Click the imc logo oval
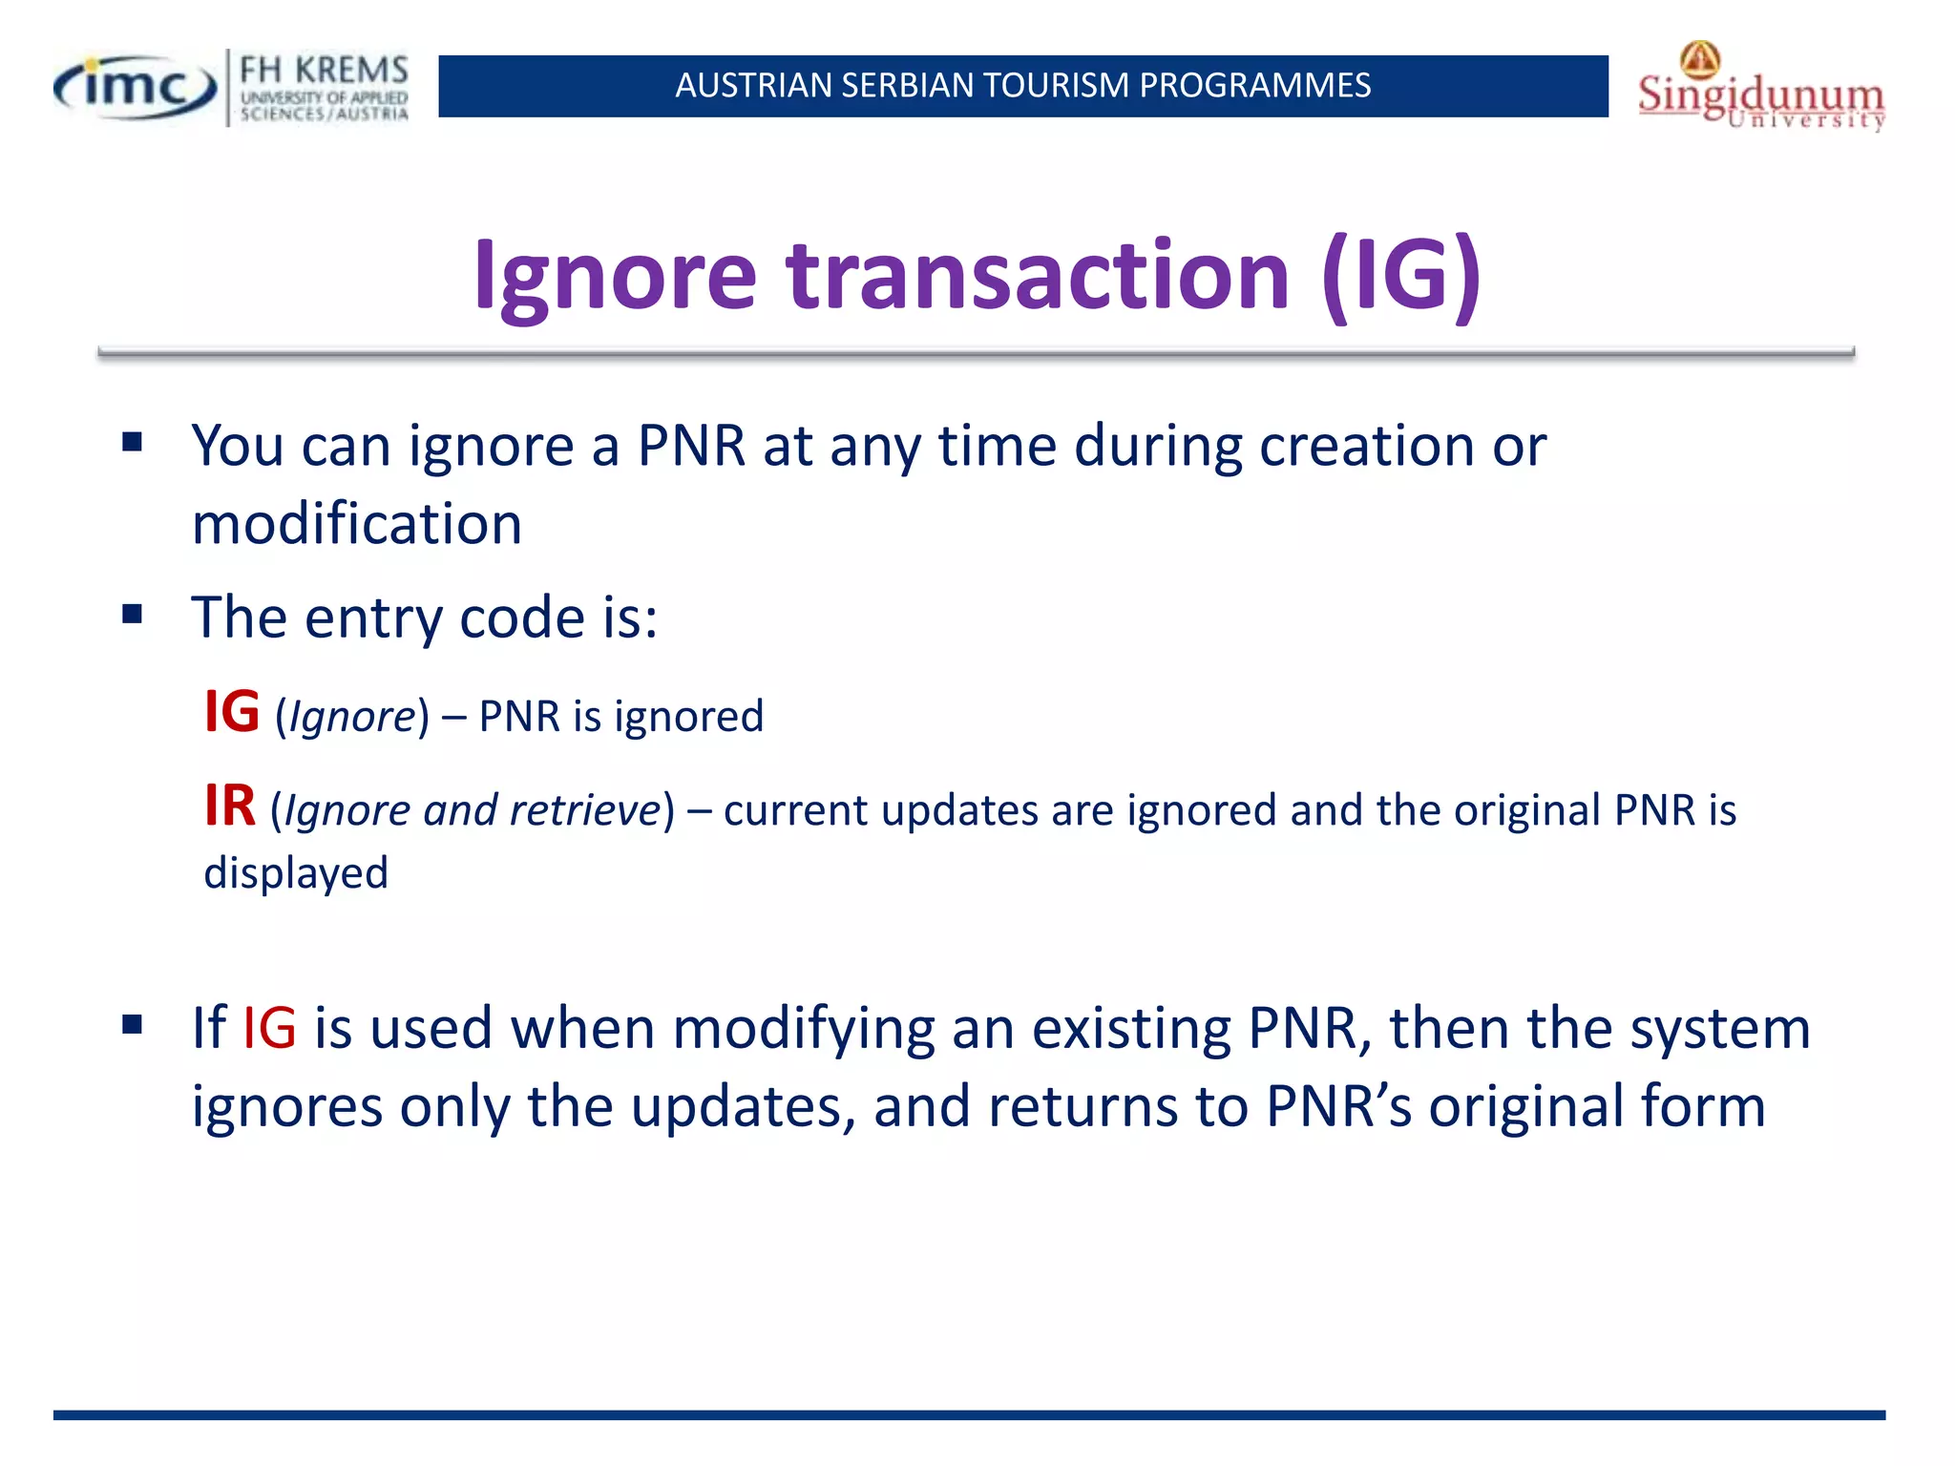[x=136, y=88]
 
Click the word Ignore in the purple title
[x=615, y=277]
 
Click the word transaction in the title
[x=1038, y=277]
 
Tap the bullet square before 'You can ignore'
[x=133, y=442]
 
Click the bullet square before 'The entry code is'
[x=133, y=614]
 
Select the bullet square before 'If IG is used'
[x=133, y=1025]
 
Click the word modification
[x=357, y=525]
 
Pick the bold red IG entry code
[x=232, y=712]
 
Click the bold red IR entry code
[x=230, y=806]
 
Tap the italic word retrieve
[x=584, y=811]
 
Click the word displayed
[x=296, y=873]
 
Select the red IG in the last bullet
[x=269, y=1029]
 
